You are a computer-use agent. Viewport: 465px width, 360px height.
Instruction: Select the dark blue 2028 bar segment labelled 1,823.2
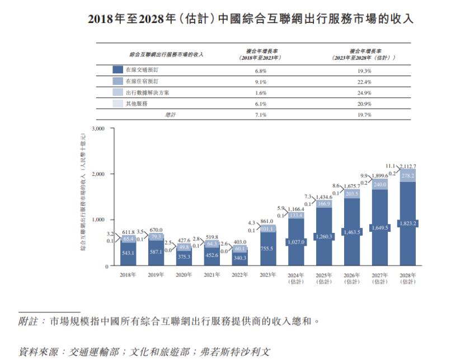pos(408,223)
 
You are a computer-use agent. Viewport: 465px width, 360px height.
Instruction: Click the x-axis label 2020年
pos(184,275)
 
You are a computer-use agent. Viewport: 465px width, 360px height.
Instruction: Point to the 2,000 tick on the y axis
pos(98,174)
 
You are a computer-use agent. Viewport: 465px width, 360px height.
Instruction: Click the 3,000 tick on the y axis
pos(98,129)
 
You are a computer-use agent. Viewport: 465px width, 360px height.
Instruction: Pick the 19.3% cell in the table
pos(364,71)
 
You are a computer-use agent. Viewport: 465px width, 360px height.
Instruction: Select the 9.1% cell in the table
pos(260,82)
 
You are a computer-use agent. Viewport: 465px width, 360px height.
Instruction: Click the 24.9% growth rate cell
pos(364,92)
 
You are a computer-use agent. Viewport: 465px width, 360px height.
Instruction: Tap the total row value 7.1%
pos(260,114)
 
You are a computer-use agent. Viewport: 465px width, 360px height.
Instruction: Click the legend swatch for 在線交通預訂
pos(118,71)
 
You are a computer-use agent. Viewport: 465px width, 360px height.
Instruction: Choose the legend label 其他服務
pos(137,104)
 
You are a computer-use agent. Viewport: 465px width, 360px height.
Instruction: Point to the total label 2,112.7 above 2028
pos(408,166)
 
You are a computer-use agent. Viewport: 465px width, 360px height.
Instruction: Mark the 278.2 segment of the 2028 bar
pos(408,176)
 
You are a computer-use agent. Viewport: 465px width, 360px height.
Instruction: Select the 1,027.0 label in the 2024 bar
pos(296,242)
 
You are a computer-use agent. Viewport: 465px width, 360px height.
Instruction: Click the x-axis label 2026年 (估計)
pos(352,278)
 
